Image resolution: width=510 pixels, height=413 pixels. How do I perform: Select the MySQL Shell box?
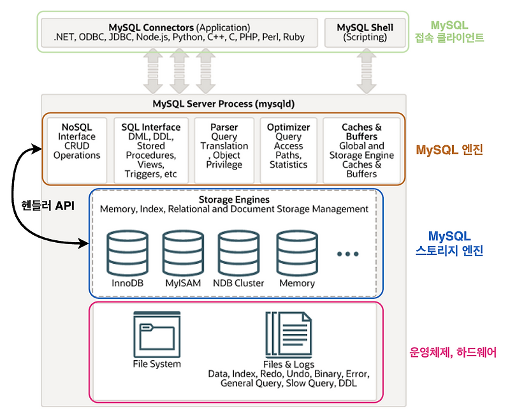tap(365, 33)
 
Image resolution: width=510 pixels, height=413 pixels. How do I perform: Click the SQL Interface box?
tap(151, 149)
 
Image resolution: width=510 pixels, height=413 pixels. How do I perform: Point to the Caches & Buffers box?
tap(361, 149)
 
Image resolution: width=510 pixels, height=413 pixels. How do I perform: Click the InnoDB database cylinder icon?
tap(122, 252)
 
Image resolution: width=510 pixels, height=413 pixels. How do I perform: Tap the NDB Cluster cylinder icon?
tap(238, 252)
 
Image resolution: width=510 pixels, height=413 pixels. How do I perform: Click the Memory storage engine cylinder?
tap(296, 252)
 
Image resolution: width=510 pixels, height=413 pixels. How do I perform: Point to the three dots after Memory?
tap(348, 254)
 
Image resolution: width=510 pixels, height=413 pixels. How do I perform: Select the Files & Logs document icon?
tap(288, 335)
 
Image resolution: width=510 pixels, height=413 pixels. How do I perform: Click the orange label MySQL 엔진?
tap(449, 150)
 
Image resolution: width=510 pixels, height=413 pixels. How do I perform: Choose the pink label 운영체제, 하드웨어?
tap(452, 352)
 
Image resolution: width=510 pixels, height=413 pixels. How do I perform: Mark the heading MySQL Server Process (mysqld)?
tap(224, 103)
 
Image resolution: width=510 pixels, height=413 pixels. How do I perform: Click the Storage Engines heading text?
tap(234, 199)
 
